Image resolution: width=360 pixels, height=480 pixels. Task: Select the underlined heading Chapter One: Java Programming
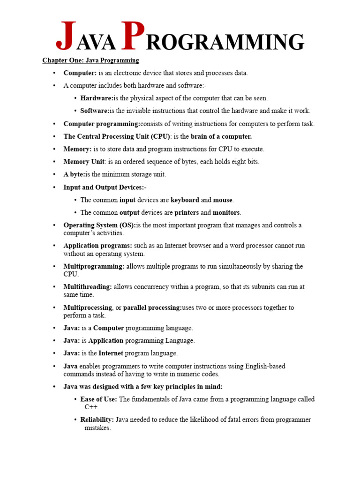pos(90,60)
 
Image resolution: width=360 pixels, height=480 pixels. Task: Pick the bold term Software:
pos(95,111)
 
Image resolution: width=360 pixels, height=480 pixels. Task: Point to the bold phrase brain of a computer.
pos(221,136)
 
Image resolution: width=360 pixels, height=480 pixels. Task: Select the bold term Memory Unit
pos(83,162)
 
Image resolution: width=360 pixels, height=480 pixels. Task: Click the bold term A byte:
pos(74,174)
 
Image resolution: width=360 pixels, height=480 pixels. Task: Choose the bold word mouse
pos(223,200)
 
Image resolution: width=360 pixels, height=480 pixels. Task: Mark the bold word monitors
pos(227,212)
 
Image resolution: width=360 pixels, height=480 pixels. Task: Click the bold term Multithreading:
pos(88,287)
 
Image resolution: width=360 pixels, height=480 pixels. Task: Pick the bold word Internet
pos(112,353)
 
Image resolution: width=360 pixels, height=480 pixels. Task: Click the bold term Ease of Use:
pos(99,399)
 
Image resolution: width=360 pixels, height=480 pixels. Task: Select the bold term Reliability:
pos(97,420)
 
